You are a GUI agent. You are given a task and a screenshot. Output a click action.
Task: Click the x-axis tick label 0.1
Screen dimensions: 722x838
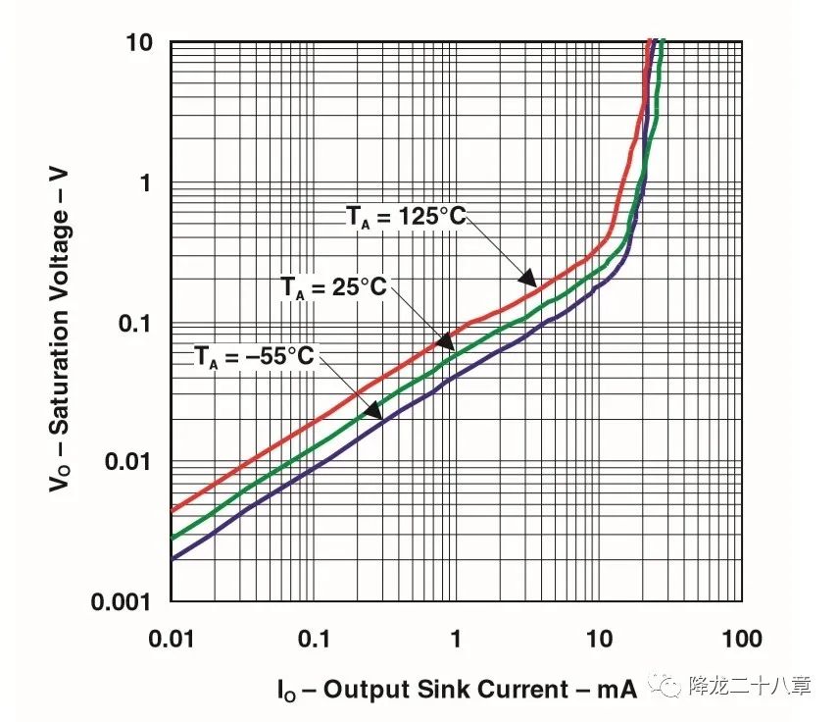coord(313,639)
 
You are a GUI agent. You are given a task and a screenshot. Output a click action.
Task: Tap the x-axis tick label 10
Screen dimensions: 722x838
coord(598,639)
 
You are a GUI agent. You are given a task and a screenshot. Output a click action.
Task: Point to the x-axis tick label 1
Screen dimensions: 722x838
coord(456,639)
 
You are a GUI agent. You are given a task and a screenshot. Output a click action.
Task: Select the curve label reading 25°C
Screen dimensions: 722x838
coord(334,287)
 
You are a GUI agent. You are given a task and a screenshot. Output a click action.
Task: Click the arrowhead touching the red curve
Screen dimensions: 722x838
coord(527,278)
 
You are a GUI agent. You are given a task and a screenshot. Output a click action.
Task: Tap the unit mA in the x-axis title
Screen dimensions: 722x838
coord(617,689)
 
